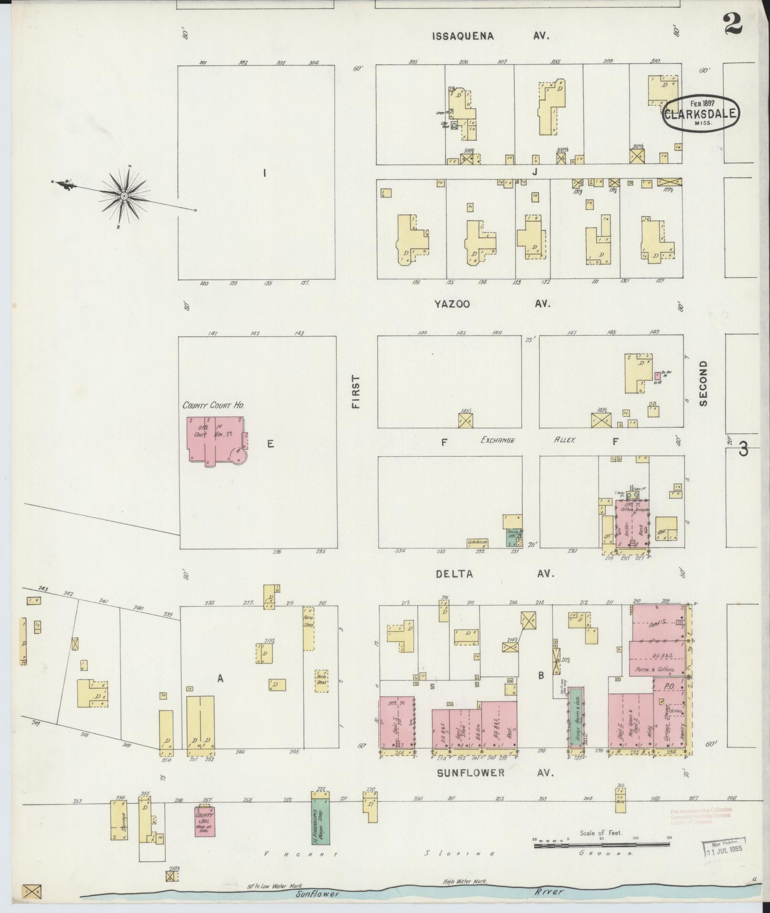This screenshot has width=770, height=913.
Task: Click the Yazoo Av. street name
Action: pyautogui.click(x=492, y=304)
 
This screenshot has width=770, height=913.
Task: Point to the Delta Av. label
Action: pyautogui.click(x=495, y=574)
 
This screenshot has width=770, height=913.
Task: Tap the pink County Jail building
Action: pyautogui.click(x=204, y=821)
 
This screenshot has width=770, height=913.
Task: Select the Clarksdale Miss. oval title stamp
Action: pyautogui.click(x=700, y=114)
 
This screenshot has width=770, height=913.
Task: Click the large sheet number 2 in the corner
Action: pyautogui.click(x=733, y=24)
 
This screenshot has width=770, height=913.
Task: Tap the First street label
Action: pyautogui.click(x=356, y=391)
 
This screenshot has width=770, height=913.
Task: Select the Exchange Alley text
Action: pyautogui.click(x=525, y=441)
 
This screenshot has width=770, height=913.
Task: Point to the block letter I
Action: pyautogui.click(x=264, y=173)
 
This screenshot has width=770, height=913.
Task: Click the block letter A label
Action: pyautogui.click(x=220, y=678)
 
